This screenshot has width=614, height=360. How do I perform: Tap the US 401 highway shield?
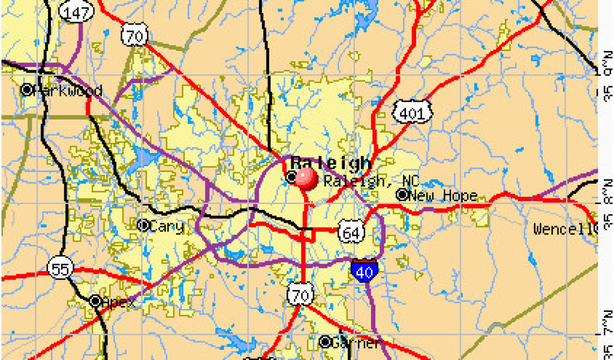pos(413,112)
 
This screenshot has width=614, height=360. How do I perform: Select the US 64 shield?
pos(351,232)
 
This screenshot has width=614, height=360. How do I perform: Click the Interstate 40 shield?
pos(365,271)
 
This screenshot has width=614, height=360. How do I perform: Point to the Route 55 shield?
pos(60,269)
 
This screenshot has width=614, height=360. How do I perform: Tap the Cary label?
pos(166,226)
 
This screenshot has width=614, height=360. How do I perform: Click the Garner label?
pos(356,343)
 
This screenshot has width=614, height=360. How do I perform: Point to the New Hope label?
pos(443,196)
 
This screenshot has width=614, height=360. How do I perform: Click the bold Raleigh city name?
pos(331,163)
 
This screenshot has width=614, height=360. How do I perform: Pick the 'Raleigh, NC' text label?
pos(371,181)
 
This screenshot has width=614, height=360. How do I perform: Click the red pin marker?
pos(306,178)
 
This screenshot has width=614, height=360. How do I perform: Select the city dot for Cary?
pos(143,226)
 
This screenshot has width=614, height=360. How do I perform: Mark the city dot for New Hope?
pos(402,195)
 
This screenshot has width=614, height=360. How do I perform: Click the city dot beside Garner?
pos(325,343)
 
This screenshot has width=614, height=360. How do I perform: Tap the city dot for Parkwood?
pos(27,90)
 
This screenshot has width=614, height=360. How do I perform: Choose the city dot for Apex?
pos(95,301)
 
